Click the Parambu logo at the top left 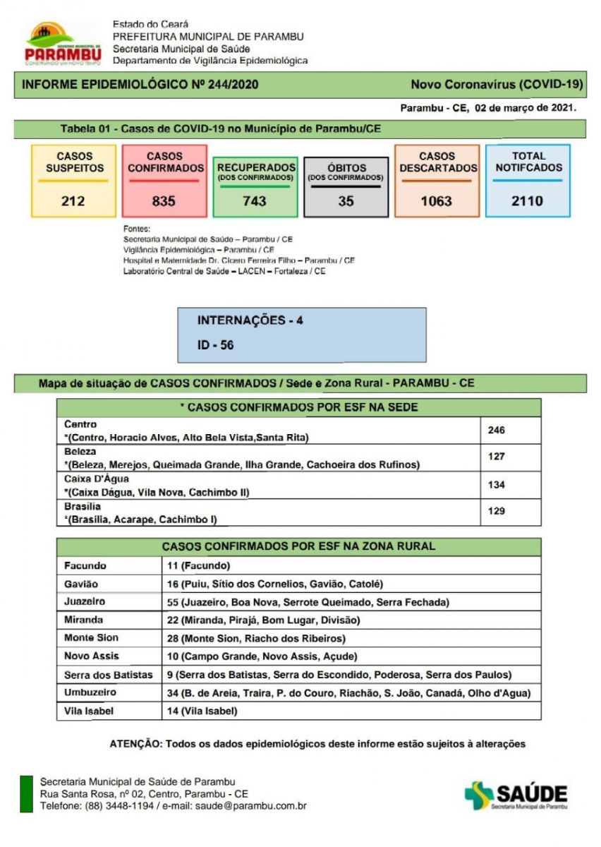[x=63, y=43]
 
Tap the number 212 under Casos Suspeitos [x=73, y=201]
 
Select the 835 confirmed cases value [x=164, y=201]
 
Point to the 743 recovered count [x=255, y=201]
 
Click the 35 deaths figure [x=346, y=201]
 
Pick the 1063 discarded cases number [x=436, y=201]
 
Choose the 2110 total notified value [x=527, y=201]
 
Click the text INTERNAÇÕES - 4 [x=250, y=320]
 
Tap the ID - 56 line [x=215, y=345]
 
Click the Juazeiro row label [x=85, y=602]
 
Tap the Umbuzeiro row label [x=90, y=692]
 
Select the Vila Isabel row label [x=89, y=711]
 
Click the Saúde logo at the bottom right [x=516, y=795]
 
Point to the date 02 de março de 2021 [x=526, y=108]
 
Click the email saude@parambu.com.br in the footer [x=250, y=805]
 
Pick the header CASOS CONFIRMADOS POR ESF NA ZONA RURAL [x=298, y=546]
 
